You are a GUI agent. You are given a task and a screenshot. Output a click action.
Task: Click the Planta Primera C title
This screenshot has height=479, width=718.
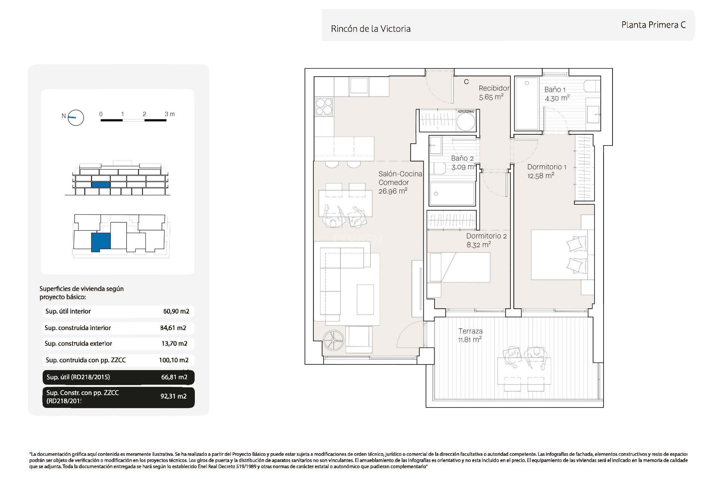(x=653, y=25)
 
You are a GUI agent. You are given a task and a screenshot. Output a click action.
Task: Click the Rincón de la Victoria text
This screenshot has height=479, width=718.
(x=371, y=29)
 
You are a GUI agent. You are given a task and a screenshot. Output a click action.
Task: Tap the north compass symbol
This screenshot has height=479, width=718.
(x=76, y=118)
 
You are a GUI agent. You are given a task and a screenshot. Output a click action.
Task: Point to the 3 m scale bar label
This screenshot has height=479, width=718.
(x=170, y=114)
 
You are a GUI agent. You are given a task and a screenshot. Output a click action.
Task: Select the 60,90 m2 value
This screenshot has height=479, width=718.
(x=176, y=311)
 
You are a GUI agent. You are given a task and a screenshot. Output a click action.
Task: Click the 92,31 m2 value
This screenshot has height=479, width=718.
(x=174, y=396)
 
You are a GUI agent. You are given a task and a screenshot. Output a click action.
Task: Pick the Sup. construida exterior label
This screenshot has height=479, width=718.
(x=78, y=344)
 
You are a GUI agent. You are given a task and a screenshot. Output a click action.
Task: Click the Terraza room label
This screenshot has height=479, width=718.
(x=470, y=331)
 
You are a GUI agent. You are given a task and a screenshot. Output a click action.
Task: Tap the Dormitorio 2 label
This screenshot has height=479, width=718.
(x=486, y=236)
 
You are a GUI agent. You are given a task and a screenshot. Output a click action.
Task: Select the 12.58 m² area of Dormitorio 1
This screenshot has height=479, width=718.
(x=540, y=176)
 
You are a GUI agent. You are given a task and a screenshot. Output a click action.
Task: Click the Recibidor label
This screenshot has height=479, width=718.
(x=494, y=88)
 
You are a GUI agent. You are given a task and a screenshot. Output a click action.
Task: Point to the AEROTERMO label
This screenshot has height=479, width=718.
(x=466, y=112)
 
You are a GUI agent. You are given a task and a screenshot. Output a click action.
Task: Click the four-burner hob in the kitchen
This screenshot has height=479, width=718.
(x=324, y=106)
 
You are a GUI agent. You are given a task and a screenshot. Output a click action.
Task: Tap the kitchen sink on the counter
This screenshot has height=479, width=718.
(x=359, y=85)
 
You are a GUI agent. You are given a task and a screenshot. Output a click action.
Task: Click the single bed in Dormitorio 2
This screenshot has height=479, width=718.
(x=460, y=267)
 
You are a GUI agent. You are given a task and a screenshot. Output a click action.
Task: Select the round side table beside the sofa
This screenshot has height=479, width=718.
(x=333, y=341)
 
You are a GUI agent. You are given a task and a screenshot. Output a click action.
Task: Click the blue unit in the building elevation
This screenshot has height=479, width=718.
(x=101, y=184)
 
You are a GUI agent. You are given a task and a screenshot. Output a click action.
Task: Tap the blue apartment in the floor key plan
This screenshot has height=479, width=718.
(x=101, y=242)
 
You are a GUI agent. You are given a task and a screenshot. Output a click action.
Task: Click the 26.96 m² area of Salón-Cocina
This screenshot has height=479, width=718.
(x=393, y=191)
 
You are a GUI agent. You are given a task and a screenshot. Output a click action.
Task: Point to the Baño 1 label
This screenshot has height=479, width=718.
(x=555, y=89)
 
